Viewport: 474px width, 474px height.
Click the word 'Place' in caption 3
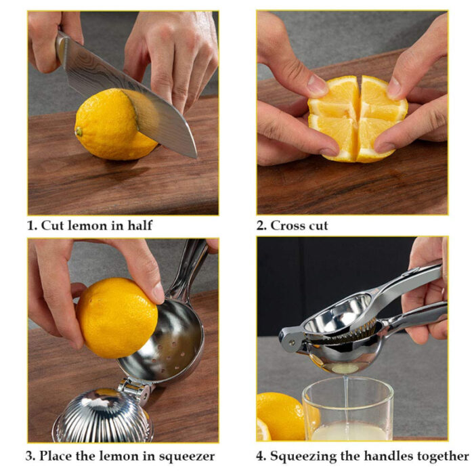click(58, 455)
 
